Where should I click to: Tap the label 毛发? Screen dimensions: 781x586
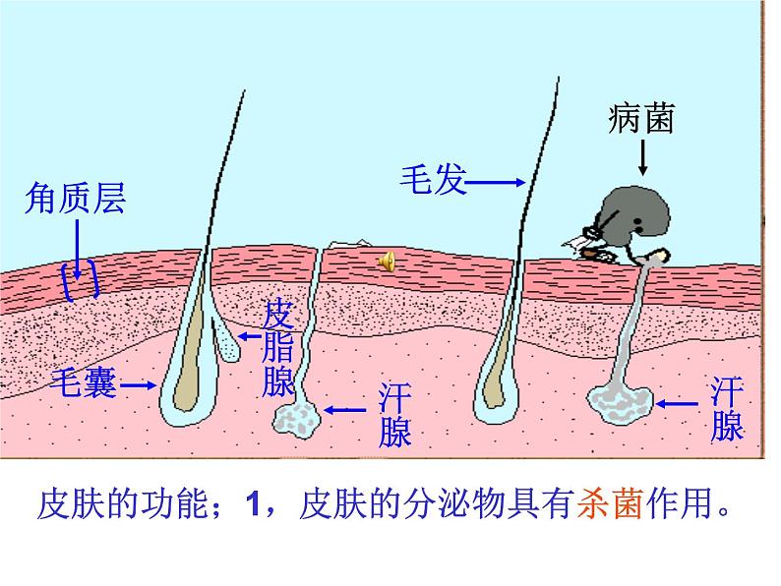tap(432, 180)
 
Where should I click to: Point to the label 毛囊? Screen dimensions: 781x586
tap(84, 384)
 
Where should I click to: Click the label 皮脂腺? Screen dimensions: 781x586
tap(277, 348)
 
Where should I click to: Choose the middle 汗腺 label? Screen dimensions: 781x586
tap(395, 416)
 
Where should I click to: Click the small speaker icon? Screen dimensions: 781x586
tap(387, 261)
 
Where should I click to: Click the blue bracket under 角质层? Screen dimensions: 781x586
tap(80, 280)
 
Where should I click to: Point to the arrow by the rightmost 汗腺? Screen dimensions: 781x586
tap(679, 402)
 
